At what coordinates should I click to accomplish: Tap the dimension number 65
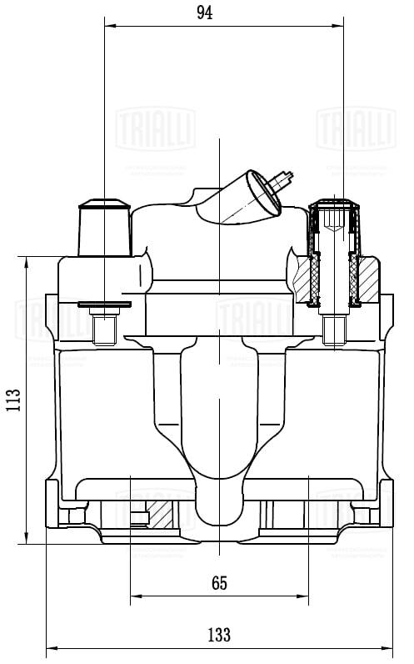tap(219, 583)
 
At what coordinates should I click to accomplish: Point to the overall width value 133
tap(219, 635)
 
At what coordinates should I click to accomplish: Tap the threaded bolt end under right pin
tap(334, 330)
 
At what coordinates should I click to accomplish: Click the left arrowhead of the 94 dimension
tap(108, 24)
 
